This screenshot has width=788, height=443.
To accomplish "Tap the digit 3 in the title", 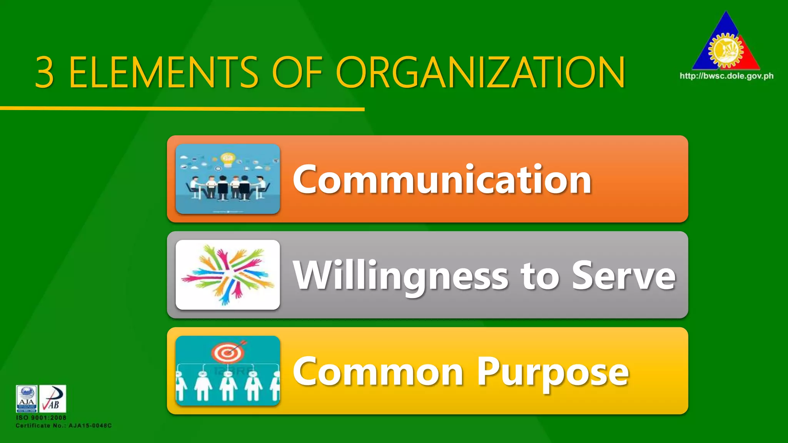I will coord(45,72).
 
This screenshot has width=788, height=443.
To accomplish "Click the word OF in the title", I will coord(297,72).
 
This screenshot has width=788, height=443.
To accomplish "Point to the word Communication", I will coord(442,179).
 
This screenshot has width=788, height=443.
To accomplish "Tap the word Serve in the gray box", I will coord(623,275).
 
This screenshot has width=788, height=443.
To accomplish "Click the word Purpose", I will coord(553,372).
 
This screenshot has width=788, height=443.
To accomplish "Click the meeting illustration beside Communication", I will coord(228,179).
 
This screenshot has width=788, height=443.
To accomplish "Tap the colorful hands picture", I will coord(228,275).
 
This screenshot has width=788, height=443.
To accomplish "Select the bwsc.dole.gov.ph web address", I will coord(726,76).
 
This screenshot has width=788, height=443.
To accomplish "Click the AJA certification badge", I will coord(27,398).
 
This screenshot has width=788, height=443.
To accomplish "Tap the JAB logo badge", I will coord(53,398).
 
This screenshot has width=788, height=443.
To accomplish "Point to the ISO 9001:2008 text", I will coord(41,418).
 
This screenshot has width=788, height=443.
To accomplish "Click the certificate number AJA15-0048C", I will coord(90,426).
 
